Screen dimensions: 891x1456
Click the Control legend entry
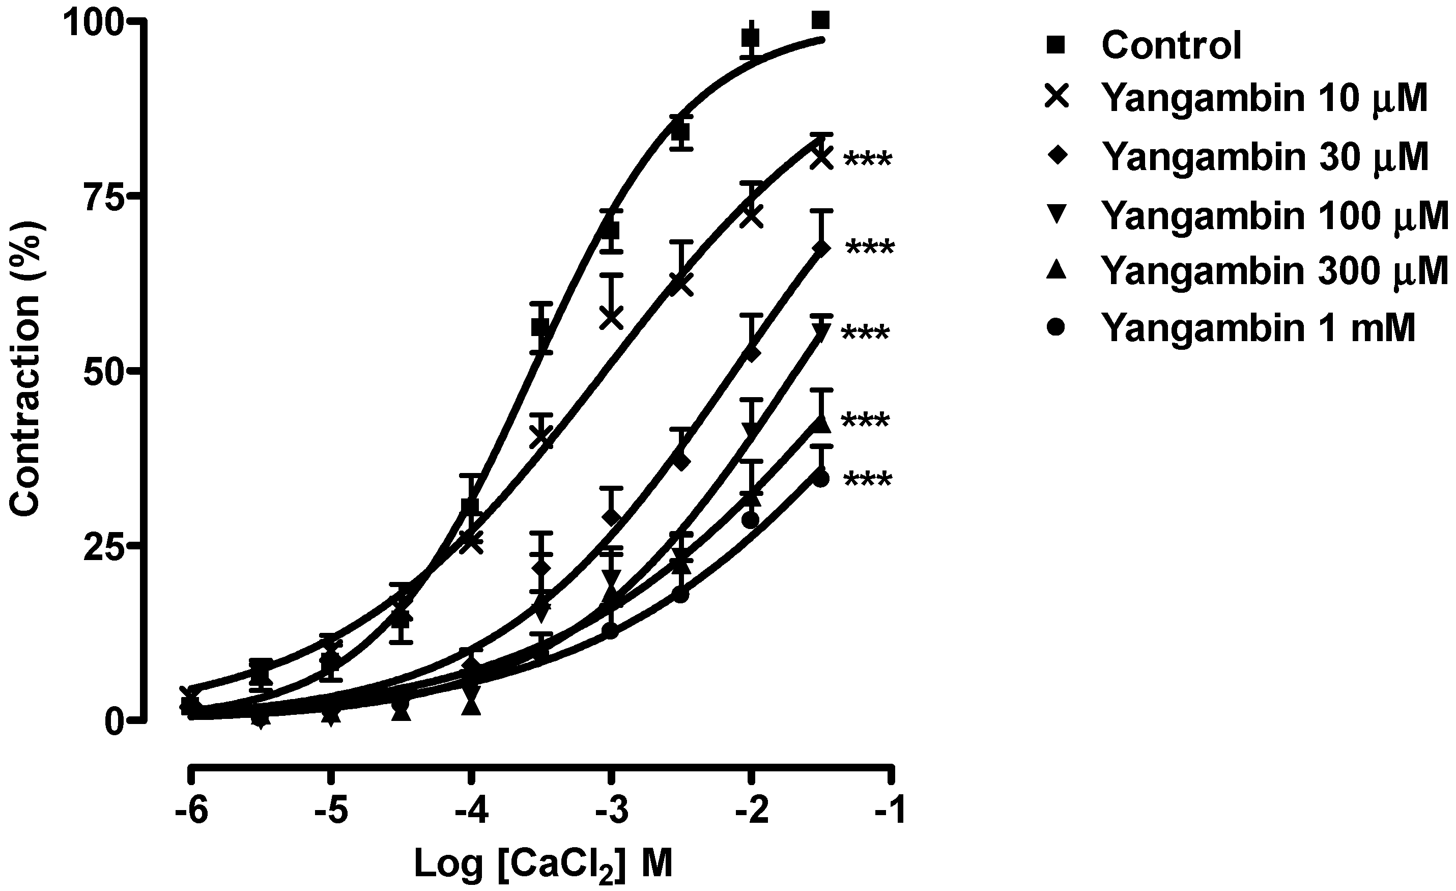1170,45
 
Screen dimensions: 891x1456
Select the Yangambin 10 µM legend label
1265,98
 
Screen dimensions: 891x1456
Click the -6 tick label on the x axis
190,812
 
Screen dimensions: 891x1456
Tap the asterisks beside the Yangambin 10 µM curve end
868,160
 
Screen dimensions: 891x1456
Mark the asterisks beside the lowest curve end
868,480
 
